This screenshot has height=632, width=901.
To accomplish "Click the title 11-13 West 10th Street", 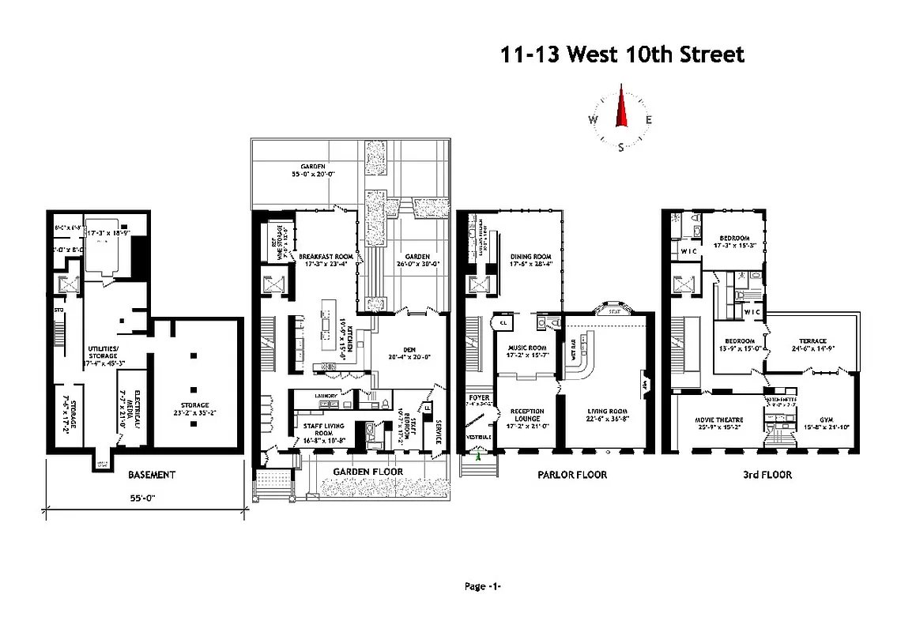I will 622,55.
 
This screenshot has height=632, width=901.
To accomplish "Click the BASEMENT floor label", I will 151,475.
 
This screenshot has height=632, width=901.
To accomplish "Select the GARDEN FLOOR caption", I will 368,472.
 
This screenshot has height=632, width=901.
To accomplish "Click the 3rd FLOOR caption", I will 767,475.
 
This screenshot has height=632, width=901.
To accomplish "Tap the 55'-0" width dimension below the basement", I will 146,499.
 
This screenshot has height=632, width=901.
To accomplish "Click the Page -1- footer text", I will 483,586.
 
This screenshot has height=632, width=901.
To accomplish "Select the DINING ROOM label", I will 530,257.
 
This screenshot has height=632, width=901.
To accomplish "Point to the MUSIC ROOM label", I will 526,348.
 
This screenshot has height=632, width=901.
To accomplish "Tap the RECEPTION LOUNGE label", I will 526,415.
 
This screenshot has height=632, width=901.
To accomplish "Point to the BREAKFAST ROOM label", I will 324,257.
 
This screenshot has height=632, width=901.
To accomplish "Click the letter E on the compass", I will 648,120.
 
